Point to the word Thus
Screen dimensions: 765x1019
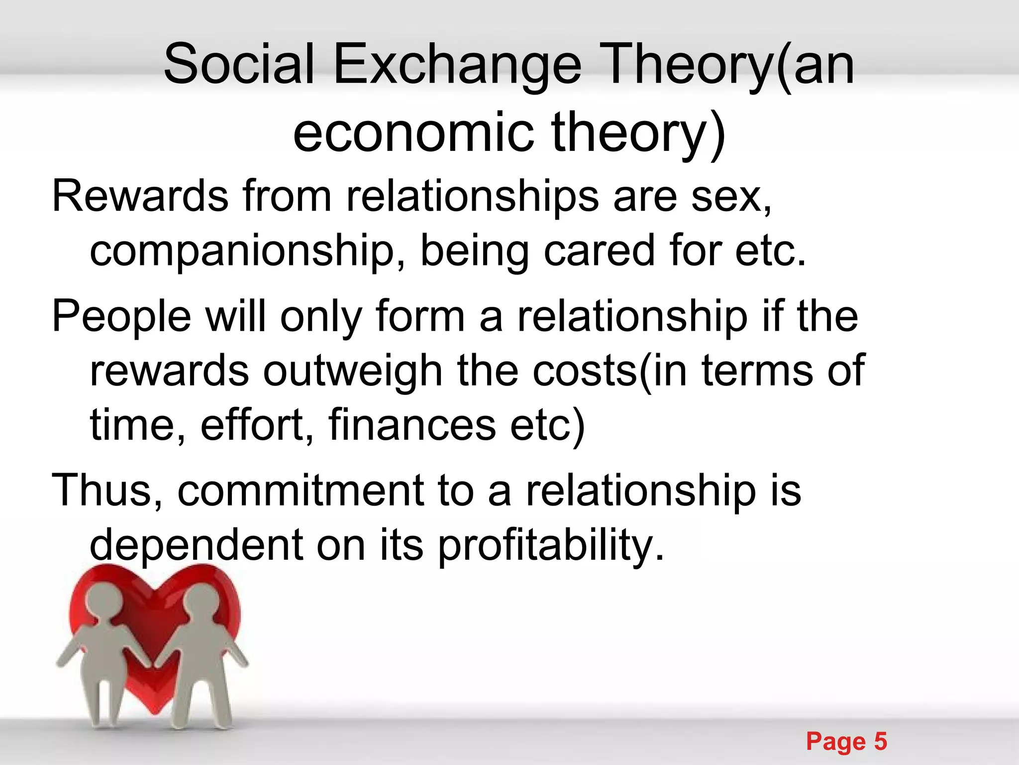point(107,491)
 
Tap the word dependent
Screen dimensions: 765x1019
point(196,545)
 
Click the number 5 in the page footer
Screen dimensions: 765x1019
point(880,741)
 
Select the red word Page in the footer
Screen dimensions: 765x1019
point(836,742)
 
